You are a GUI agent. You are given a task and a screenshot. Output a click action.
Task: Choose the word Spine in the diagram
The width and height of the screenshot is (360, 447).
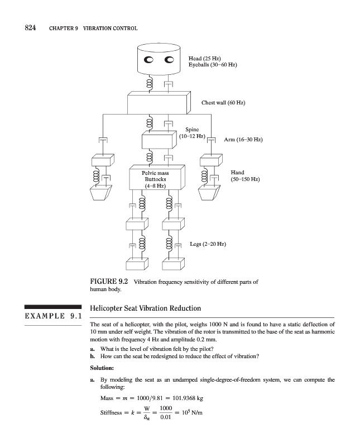[x=192, y=130]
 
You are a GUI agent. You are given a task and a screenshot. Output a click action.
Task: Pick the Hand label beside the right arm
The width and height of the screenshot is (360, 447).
[x=237, y=173]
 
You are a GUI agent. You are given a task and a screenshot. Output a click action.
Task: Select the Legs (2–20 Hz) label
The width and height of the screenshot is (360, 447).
[x=208, y=244]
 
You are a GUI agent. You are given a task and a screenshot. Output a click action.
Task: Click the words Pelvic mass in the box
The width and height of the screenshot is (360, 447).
[x=156, y=173]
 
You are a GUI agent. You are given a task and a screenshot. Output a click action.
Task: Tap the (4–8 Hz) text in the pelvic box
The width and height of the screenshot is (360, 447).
[x=155, y=186]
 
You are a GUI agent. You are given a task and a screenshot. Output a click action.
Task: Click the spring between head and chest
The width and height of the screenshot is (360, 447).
[x=149, y=85]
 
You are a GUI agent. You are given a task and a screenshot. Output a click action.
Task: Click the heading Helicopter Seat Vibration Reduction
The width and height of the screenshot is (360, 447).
[x=145, y=308]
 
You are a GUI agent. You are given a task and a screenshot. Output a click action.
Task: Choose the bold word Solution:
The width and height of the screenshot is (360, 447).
[x=102, y=368]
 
